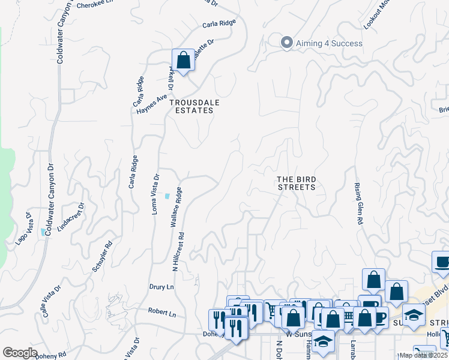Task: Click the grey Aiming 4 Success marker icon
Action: tap(286, 43)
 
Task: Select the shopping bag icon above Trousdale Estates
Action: tap(183, 60)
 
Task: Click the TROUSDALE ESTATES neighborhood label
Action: tap(194, 106)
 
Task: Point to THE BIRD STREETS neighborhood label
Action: tap(296, 183)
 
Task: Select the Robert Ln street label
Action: tap(163, 314)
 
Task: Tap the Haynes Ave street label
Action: tap(151, 104)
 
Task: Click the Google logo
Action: tap(20, 353)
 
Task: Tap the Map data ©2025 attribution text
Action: tap(424, 355)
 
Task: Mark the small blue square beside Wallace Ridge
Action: tap(167, 196)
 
